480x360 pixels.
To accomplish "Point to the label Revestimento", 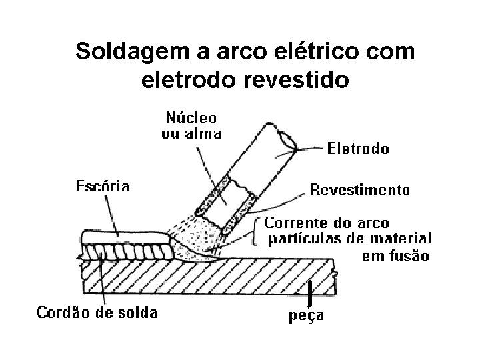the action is tap(360, 190).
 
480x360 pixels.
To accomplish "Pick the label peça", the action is tap(306, 315).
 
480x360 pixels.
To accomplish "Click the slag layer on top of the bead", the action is tap(120, 237).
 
